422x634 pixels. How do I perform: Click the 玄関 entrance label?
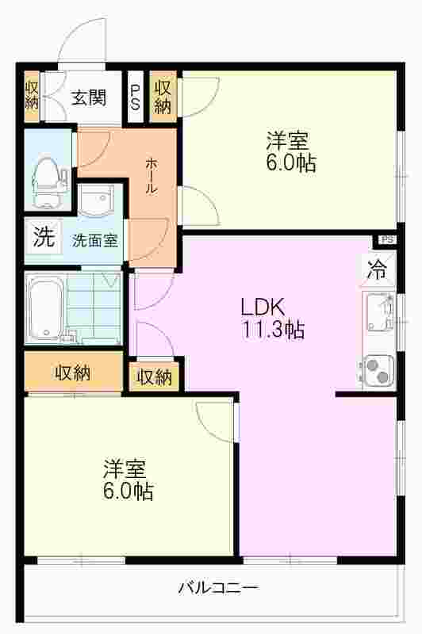(88, 97)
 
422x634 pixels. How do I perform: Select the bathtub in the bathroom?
(45, 307)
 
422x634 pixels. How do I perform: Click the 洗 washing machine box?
(44, 236)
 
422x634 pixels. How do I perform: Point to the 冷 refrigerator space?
(377, 269)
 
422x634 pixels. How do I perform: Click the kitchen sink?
(379, 311)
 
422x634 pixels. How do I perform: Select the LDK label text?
(263, 307)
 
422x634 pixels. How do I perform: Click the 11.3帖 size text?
(273, 329)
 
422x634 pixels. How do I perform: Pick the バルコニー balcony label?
(218, 587)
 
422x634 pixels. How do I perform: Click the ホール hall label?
(152, 176)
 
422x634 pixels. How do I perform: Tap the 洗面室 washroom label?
(94, 241)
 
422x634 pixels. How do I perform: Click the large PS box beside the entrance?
(135, 97)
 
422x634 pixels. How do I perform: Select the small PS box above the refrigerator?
(387, 239)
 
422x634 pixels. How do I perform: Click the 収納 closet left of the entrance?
(32, 96)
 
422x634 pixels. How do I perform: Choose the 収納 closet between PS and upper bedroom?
(163, 97)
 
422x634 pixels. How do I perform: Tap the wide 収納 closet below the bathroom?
(73, 372)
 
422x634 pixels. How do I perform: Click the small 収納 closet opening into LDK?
(154, 376)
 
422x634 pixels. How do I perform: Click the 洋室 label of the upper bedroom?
(287, 141)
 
